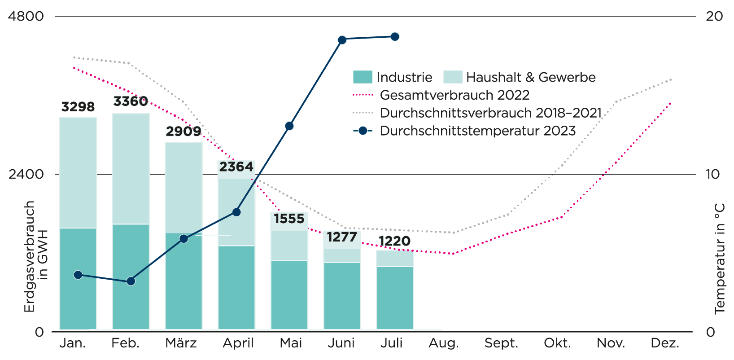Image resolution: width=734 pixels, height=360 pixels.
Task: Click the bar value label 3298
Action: tap(78, 107)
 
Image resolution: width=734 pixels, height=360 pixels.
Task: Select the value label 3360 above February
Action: tap(131, 101)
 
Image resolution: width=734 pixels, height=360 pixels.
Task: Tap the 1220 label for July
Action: tap(394, 241)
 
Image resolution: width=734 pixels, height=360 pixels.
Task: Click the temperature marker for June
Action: tap(342, 40)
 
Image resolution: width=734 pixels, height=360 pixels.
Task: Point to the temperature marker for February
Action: tap(131, 281)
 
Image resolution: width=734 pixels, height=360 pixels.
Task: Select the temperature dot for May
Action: tap(289, 126)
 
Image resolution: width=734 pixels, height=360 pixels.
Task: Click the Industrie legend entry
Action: tap(393, 77)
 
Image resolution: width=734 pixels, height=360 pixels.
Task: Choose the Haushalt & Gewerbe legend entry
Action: tap(520, 77)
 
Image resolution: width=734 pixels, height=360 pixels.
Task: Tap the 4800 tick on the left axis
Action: tap(26, 17)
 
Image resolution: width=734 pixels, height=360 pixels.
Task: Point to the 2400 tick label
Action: tap(26, 174)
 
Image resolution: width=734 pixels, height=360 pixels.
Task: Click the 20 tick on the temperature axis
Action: tap(714, 17)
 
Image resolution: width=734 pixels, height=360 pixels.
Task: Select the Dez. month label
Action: tap(665, 343)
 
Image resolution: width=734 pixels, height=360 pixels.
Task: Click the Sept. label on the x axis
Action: tap(501, 343)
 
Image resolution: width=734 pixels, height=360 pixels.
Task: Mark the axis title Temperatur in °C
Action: tap(720, 259)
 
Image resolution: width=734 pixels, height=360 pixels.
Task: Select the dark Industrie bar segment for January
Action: tap(78, 278)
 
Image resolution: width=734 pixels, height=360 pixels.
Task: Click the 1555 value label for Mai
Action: tap(289, 219)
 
